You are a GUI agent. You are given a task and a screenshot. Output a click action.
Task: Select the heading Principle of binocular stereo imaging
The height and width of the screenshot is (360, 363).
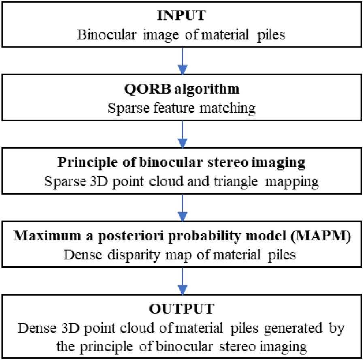click(181, 163)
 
